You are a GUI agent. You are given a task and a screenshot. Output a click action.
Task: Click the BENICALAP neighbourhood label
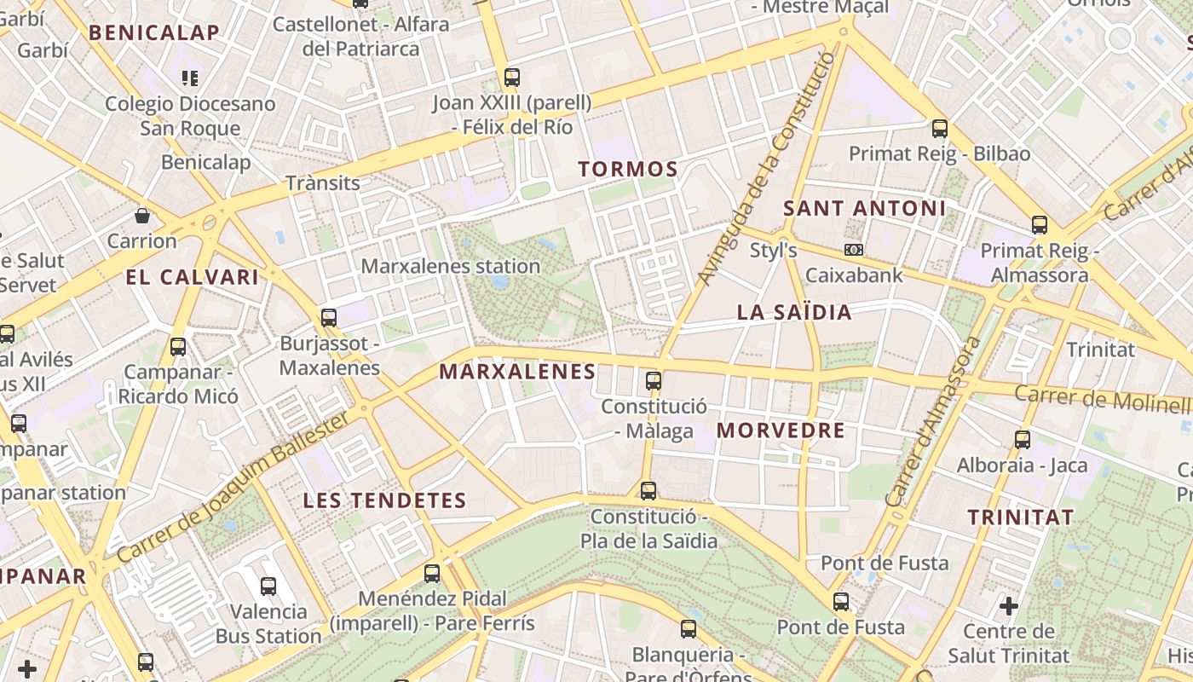tap(154, 33)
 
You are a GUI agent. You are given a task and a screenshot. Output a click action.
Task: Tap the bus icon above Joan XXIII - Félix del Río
tap(511, 78)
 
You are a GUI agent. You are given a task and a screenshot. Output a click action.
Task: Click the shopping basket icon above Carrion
tap(142, 215)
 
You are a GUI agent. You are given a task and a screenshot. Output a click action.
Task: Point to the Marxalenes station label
tap(451, 266)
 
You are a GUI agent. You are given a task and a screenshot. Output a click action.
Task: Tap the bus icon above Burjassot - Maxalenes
tap(329, 318)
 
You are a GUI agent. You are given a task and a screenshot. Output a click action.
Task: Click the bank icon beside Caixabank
tap(853, 250)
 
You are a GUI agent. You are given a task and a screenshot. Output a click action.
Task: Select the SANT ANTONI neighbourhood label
tap(864, 208)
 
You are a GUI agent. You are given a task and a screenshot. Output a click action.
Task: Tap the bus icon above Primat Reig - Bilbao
tap(939, 129)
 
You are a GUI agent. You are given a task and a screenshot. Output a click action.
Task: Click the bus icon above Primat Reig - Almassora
tap(1039, 225)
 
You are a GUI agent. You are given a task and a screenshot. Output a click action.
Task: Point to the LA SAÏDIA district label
tap(794, 313)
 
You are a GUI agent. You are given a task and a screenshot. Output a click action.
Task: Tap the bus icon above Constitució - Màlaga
tap(654, 380)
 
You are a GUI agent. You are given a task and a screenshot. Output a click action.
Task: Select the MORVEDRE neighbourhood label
tap(781, 431)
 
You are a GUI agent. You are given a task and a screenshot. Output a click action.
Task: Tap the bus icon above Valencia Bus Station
tap(268, 586)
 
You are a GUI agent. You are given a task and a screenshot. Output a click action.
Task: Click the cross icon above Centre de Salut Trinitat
tap(1009, 606)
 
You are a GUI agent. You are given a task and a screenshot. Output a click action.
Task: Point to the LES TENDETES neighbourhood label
tap(385, 500)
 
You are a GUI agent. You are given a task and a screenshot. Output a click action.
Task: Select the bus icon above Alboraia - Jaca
tap(1023, 440)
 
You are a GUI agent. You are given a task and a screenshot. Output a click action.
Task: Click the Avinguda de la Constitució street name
tap(765, 170)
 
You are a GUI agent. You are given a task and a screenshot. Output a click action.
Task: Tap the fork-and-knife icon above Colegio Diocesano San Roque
tap(190, 78)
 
